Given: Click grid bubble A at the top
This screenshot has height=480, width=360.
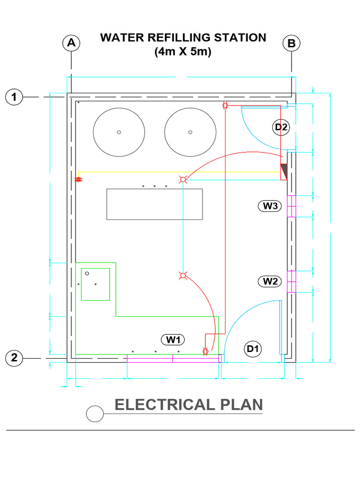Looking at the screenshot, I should [x=71, y=43].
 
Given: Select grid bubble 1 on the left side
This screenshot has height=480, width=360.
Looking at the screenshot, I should [x=14, y=97].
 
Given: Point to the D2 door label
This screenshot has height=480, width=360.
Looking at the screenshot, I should [x=281, y=127].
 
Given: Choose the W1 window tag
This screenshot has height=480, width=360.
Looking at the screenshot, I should [x=173, y=339].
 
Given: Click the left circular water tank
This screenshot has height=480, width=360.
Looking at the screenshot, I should [x=119, y=132].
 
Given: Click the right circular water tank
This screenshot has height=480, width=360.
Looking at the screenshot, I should [x=190, y=132].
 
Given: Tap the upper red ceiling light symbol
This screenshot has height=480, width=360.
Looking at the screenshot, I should [x=183, y=180].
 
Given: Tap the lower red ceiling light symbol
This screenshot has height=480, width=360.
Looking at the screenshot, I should [x=183, y=276].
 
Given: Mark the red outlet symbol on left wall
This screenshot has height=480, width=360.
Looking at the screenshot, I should [x=79, y=180].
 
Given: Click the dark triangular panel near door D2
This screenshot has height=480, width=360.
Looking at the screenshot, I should [x=284, y=172].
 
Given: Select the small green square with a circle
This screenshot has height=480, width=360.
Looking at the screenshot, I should [x=95, y=284].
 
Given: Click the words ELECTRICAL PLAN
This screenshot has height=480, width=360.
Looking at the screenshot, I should [x=189, y=405].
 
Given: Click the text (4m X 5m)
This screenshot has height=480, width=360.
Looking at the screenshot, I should [x=183, y=52].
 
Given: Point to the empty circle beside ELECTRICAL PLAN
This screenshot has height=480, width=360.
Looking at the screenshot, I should [x=95, y=413].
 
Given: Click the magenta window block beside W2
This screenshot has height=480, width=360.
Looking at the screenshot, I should [x=291, y=281].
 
